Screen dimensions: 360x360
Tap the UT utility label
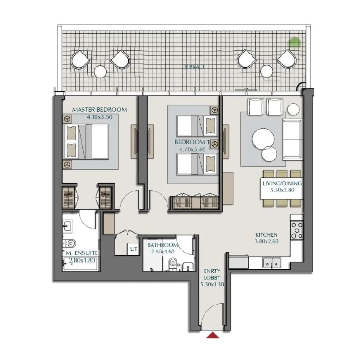pos(134,249)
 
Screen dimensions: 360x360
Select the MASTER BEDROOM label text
pos(99,110)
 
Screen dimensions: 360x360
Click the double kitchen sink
pos(272,262)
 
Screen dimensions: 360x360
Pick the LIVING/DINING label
pos(282,183)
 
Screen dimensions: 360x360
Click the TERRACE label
pos(194,67)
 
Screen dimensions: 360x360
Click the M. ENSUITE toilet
pos(70,243)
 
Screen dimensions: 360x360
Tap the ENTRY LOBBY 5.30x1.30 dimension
pos(212,284)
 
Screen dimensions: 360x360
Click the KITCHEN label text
pos(266,235)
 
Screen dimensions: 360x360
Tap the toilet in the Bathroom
pos(172,264)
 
